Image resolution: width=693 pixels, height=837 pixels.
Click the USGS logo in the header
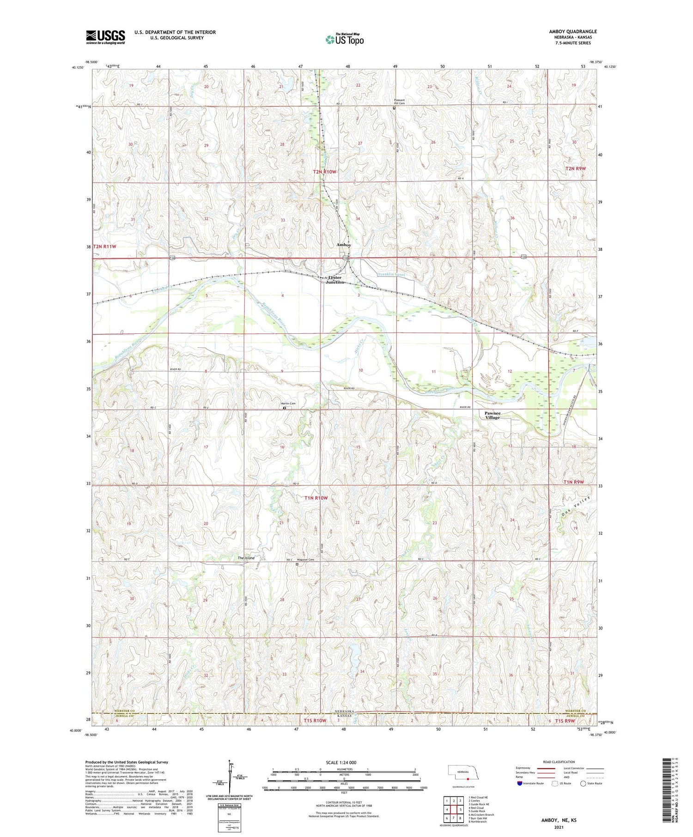tap(105, 37)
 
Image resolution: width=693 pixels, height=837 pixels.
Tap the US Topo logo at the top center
tap(345, 39)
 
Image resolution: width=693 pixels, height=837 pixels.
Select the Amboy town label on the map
tap(344, 245)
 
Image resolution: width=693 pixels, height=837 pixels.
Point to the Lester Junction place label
tap(335, 280)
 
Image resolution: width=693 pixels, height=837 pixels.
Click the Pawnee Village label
tap(492, 415)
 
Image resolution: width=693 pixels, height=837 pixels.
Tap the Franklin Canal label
tap(391, 274)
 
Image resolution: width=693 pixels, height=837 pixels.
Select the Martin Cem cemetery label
tap(289, 404)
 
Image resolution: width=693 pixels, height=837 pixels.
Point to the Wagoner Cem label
tap(305, 560)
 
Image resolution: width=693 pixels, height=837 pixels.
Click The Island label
tap(246, 558)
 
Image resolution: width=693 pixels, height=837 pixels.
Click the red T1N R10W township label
tap(316, 498)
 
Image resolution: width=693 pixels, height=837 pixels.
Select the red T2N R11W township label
tap(105, 247)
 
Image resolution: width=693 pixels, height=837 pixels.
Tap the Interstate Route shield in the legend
tap(520, 783)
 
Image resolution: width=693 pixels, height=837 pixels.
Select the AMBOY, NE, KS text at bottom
tap(559, 820)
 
